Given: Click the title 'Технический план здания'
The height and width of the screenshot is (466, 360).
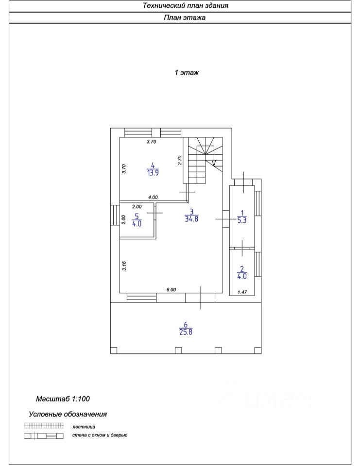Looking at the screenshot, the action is point(185,6).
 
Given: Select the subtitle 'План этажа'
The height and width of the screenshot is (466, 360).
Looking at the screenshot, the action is point(184,18).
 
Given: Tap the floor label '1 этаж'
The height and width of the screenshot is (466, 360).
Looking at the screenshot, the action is point(187,73).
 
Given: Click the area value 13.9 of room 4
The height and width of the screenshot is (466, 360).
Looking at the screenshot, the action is point(153,173).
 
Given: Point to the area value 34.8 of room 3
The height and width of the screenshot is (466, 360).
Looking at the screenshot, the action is point(191,219).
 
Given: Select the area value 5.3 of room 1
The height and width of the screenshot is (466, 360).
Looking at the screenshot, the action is point(241,220).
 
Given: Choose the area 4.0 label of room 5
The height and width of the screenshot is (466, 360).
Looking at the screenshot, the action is point(137,224).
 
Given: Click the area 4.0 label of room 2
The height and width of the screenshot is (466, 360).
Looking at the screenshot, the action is point(241,276).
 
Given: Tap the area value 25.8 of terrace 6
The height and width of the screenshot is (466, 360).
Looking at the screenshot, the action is point(186,333).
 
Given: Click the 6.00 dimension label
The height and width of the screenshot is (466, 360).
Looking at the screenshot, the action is point(171,290).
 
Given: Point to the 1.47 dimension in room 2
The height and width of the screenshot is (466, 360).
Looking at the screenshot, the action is point(241,292).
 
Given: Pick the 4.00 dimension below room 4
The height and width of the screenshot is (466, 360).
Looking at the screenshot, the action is point(153,197).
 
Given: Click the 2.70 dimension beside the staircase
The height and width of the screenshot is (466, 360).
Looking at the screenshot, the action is point(180,160).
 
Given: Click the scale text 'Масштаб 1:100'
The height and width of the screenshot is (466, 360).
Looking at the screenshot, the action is point(63,399).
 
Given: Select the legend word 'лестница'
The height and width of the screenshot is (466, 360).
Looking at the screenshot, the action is point(84,427).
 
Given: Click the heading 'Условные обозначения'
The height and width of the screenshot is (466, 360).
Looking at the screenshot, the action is point(68,415).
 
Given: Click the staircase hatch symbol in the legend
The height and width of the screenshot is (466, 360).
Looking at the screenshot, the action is point(44,426).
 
